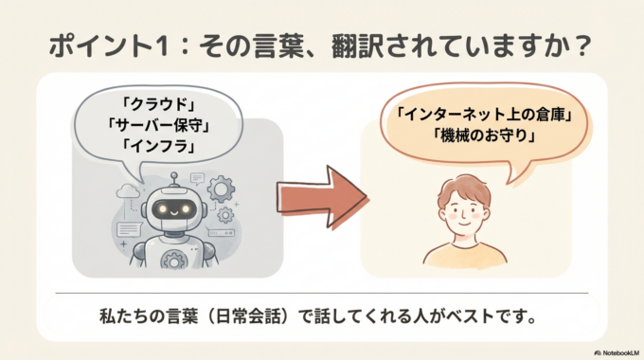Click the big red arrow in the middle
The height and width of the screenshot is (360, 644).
click(x=321, y=189)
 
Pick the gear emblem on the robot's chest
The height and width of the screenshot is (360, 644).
click(x=173, y=256)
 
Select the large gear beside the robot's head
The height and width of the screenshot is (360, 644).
click(x=221, y=189)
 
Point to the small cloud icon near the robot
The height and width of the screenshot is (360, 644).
click(x=128, y=191)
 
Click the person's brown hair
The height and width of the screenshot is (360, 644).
click(x=465, y=188)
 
